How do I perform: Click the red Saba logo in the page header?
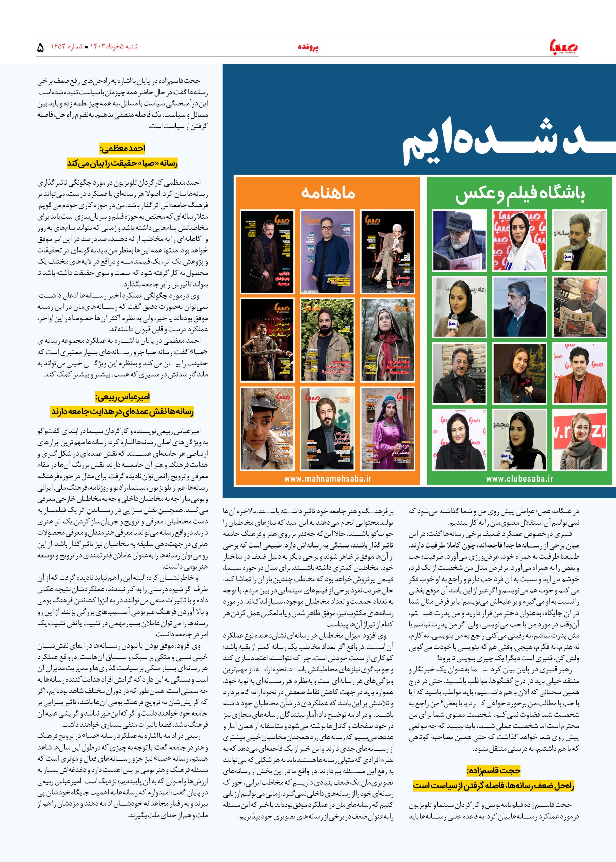pos(564,47)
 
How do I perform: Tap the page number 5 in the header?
pos(41,47)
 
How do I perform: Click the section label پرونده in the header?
pos(308,47)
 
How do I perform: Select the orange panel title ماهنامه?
pos(328,193)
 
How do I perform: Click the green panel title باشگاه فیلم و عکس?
pos(520,194)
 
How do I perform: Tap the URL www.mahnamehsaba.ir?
pos(328,478)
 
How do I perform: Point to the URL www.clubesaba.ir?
pos(520,478)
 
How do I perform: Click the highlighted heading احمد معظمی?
pos(123,148)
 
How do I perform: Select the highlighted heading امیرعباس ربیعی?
pos(123,397)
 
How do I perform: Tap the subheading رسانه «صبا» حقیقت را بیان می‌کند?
pos(123,163)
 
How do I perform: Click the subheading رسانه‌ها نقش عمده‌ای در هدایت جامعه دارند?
pos(123,411)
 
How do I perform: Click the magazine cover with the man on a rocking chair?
pos(387,252)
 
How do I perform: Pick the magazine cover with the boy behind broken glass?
pos(267,429)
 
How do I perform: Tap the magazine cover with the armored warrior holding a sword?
pos(267,340)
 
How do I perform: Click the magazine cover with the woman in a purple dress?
pos(387,429)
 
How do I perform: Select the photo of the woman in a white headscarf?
pos(520,240)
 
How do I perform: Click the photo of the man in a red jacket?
pos(579,373)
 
